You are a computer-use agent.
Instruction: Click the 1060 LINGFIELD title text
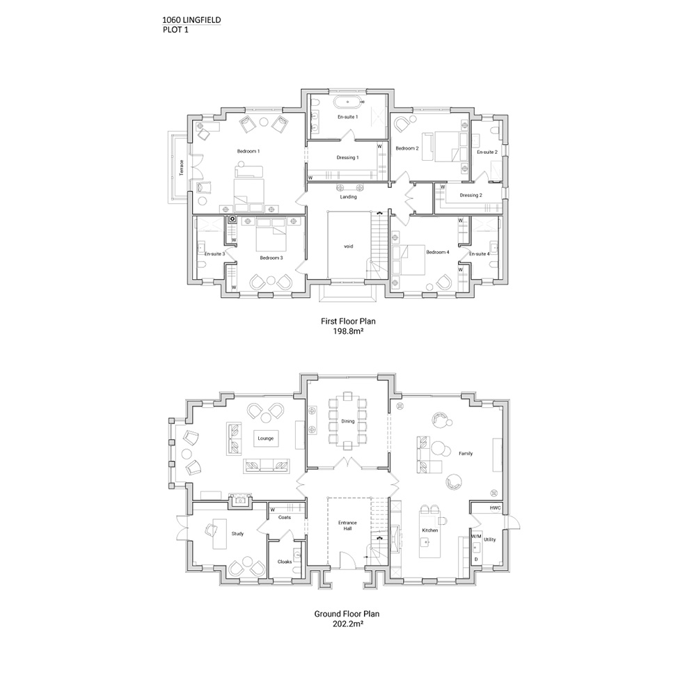191,20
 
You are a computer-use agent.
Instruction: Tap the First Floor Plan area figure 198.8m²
348,331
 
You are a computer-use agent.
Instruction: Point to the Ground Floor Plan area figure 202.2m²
348,624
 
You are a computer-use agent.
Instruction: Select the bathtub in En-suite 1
349,102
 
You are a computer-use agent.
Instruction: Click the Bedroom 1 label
248,151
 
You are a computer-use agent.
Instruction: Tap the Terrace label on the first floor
181,168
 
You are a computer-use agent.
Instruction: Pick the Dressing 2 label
471,196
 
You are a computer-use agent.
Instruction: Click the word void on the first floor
349,246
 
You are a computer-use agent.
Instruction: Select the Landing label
349,197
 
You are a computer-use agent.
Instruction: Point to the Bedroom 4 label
438,252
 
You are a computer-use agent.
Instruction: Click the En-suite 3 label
215,254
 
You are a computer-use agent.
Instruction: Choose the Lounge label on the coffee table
265,438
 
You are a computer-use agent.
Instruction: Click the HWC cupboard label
496,508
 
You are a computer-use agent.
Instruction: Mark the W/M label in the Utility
476,536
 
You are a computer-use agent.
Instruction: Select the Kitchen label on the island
429,530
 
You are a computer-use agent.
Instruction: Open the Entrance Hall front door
347,560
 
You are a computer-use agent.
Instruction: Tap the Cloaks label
285,562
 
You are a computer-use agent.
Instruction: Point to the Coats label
285,517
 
